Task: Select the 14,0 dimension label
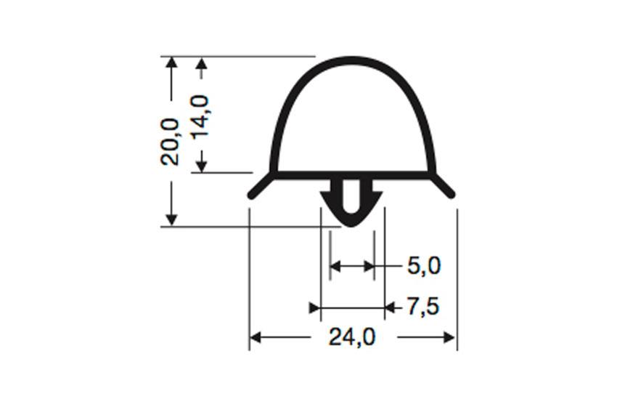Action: click(200, 116)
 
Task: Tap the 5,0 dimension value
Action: click(423, 266)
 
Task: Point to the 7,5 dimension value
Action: click(422, 307)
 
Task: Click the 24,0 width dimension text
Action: click(352, 337)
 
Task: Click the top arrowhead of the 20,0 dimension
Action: click(171, 62)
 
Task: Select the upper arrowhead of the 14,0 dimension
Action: click(202, 65)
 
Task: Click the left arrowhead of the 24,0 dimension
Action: click(256, 337)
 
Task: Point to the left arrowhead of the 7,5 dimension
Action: click(315, 308)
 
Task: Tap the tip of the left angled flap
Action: click(251, 195)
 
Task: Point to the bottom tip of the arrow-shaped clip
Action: click(352, 224)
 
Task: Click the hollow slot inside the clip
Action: click(352, 195)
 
